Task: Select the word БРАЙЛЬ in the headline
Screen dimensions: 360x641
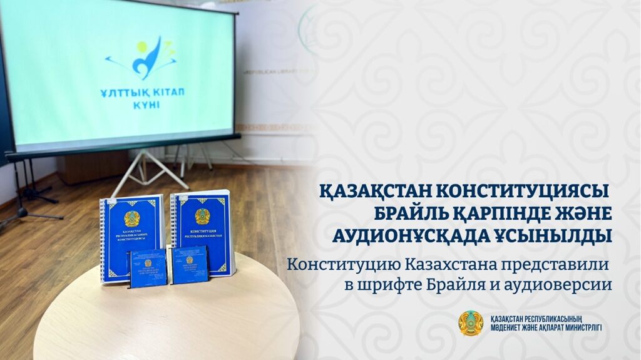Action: pos(414,213)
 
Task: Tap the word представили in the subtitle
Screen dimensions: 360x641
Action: pos(555,264)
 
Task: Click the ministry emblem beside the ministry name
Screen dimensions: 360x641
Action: pos(471,323)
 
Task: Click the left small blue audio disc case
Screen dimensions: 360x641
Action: pos(148,268)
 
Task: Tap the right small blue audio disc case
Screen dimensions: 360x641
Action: pos(189,264)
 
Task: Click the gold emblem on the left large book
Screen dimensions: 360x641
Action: pos(131,219)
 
